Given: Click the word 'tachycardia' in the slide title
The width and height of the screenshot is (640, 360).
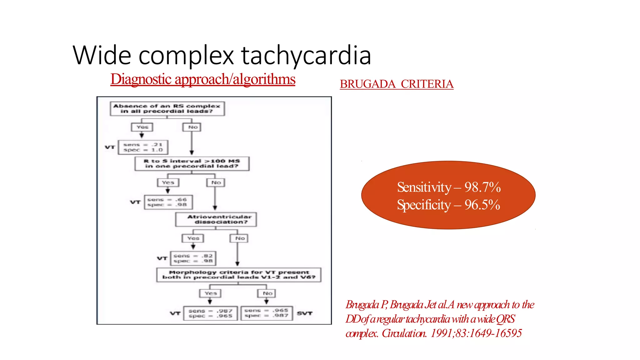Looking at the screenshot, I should click(x=306, y=55).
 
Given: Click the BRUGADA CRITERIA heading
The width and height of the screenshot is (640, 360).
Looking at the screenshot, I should click(x=397, y=84).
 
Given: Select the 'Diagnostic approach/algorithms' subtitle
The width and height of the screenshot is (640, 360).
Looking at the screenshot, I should click(x=203, y=79).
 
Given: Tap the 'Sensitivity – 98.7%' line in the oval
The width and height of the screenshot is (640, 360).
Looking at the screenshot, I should click(x=449, y=187).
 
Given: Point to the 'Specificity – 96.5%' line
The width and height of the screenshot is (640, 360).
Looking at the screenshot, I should click(x=448, y=205).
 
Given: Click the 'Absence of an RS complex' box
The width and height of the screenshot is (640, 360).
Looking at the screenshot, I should click(x=167, y=109).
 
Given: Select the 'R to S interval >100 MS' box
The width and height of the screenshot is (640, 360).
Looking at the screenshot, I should click(x=192, y=163).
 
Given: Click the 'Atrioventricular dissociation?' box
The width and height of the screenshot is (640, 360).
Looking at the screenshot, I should click(x=216, y=219).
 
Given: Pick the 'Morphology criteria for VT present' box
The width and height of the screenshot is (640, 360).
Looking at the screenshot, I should click(x=239, y=275).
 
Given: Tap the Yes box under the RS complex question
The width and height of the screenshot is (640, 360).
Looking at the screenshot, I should click(x=142, y=127).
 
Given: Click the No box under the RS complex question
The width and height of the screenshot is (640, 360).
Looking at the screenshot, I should click(x=192, y=127).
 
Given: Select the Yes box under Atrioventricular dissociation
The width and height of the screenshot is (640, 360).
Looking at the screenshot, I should click(x=193, y=238).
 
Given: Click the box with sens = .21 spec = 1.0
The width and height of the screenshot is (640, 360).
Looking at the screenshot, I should click(x=143, y=147).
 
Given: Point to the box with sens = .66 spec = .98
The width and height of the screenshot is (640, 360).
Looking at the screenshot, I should click(x=168, y=202).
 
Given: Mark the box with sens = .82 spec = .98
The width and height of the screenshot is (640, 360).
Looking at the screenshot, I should click(x=193, y=258).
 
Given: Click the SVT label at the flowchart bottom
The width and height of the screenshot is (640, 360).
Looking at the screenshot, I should click(x=304, y=313).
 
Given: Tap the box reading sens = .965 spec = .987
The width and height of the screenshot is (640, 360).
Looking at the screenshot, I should click(x=267, y=313).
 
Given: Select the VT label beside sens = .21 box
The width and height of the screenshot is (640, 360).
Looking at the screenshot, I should click(x=110, y=147).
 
